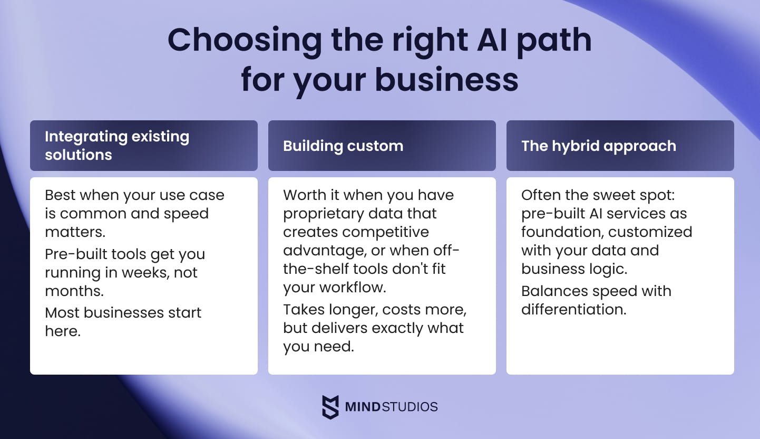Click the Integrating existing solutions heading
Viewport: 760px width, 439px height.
tap(116, 146)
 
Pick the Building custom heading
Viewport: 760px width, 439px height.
tap(343, 146)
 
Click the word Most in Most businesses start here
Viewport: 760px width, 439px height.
tap(63, 312)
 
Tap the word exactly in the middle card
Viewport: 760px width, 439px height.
tap(402, 328)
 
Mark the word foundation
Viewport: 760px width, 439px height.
tap(560, 232)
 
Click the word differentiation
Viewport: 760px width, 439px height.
tap(573, 309)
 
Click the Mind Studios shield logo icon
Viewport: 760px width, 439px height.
tap(330, 407)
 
